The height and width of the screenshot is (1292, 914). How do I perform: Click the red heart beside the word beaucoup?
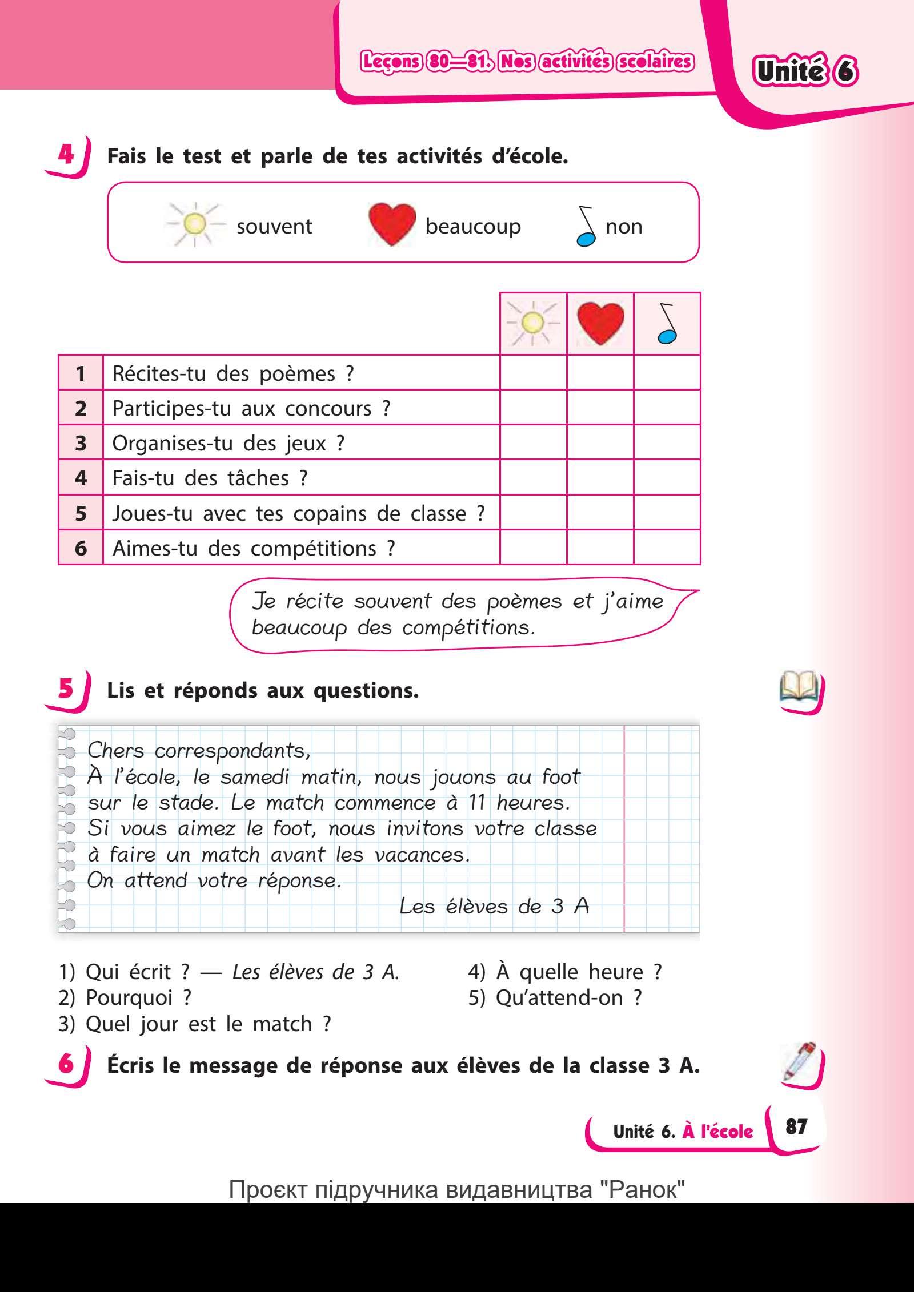(x=392, y=225)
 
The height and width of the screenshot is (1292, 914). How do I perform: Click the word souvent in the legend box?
(x=274, y=227)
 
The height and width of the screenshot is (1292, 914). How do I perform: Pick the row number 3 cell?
(x=81, y=443)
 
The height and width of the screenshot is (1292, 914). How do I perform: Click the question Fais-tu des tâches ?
(x=210, y=478)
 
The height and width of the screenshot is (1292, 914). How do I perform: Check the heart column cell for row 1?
(x=600, y=373)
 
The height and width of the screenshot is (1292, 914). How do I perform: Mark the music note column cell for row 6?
(x=667, y=548)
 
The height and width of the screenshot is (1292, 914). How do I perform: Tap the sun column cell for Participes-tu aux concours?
(x=533, y=408)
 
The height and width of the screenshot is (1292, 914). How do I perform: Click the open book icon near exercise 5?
(x=799, y=689)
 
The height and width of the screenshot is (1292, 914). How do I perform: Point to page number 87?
(x=796, y=1126)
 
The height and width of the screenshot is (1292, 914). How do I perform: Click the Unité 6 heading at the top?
(x=805, y=72)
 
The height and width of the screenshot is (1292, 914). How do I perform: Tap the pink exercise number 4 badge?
(x=66, y=155)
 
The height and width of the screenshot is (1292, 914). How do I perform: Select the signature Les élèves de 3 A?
(x=494, y=906)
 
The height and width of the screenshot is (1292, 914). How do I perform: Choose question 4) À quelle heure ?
(x=564, y=972)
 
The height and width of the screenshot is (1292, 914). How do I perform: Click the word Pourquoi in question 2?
(x=129, y=997)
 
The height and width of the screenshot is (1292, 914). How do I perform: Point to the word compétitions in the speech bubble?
(x=468, y=628)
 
